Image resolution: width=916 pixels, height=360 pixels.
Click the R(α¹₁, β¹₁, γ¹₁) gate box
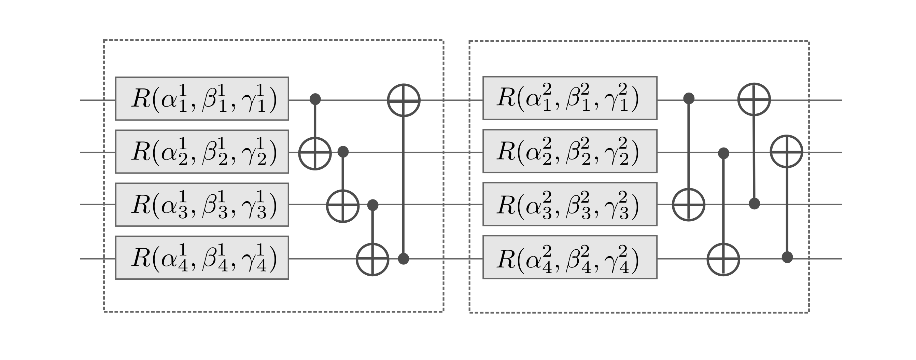click(x=202, y=98)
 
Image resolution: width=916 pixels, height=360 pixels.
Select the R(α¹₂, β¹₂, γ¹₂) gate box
click(x=202, y=152)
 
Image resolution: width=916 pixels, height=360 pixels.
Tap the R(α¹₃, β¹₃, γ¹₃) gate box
click(x=202, y=205)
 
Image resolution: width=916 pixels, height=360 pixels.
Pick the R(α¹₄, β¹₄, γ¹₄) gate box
click(x=202, y=258)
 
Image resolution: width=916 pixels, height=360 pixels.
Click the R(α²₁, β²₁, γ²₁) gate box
click(x=570, y=98)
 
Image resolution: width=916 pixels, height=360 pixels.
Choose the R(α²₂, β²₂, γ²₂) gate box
click(x=570, y=151)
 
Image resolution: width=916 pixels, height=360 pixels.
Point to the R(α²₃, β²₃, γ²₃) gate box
click(x=570, y=204)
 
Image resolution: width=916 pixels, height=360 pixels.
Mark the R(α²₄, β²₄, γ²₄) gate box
click(x=570, y=257)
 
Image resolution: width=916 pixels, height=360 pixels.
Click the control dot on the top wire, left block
click(x=315, y=99)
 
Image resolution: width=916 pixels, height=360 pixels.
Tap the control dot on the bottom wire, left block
click(x=403, y=259)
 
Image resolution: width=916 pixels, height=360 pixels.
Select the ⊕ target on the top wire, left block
click(x=404, y=100)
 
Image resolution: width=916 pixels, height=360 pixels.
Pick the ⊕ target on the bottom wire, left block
click(x=372, y=259)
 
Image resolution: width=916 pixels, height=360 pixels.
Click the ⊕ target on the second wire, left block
click(x=315, y=153)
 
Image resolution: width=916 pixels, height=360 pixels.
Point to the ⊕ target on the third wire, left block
click(x=343, y=206)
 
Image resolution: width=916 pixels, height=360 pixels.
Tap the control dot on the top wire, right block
click(x=689, y=98)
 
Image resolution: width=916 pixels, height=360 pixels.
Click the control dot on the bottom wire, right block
click(x=787, y=257)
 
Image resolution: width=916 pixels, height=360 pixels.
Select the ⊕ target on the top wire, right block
click(x=754, y=99)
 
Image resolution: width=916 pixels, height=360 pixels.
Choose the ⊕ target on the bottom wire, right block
click(x=723, y=259)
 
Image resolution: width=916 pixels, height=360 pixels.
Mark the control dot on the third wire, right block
click(x=754, y=204)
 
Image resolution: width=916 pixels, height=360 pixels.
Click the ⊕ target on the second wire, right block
click(x=787, y=151)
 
